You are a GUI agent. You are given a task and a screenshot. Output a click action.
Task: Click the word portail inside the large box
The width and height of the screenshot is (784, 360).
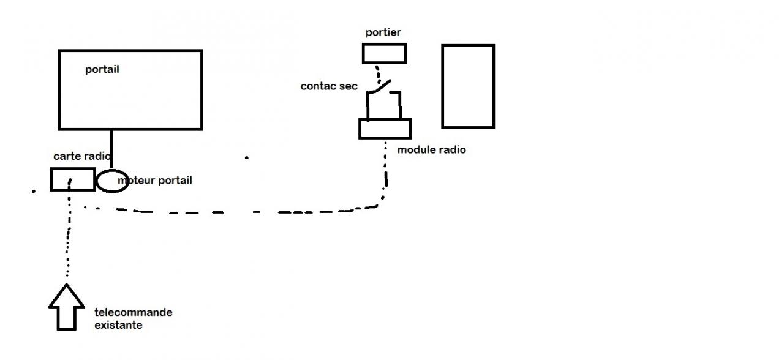pyautogui.click(x=102, y=70)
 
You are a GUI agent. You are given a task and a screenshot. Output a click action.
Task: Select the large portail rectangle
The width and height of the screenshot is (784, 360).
pyautogui.click(x=130, y=98)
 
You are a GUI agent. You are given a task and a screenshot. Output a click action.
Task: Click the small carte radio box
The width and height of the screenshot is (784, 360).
pyautogui.click(x=72, y=179)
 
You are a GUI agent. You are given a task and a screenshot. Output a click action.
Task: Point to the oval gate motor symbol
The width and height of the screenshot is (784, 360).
pyautogui.click(x=112, y=181)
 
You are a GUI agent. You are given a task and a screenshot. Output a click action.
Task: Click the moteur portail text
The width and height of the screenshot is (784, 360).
pyautogui.click(x=156, y=181)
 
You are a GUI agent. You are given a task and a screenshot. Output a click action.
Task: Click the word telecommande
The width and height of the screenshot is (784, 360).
pyautogui.click(x=134, y=313)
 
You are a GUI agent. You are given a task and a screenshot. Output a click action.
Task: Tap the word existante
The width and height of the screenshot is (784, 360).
pyautogui.click(x=118, y=325)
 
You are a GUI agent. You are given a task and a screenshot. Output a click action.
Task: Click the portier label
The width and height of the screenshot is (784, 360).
pyautogui.click(x=383, y=32)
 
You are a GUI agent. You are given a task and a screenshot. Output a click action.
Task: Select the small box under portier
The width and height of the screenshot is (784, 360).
pyautogui.click(x=384, y=54)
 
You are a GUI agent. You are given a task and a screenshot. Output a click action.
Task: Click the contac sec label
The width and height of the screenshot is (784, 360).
pyautogui.click(x=329, y=86)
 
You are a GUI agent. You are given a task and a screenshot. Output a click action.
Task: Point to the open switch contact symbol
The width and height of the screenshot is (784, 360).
pyautogui.click(x=382, y=92)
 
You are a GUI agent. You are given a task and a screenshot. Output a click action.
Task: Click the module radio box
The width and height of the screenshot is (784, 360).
pyautogui.click(x=385, y=129)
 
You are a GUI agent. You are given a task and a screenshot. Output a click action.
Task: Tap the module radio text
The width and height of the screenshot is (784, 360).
pyautogui.click(x=432, y=149)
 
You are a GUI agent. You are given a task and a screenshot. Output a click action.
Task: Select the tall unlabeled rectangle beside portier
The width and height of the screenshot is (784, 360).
pyautogui.click(x=468, y=86)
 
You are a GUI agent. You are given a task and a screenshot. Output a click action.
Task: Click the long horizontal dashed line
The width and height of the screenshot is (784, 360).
pyautogui.click(x=245, y=212)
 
